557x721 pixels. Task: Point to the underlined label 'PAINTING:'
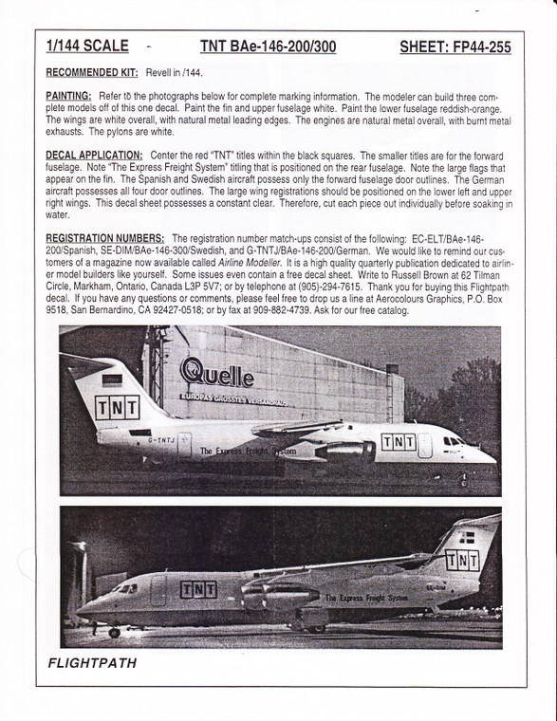tap(67, 97)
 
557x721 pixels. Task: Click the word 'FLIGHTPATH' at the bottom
tap(91, 663)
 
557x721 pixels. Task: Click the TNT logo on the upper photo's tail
tap(116, 409)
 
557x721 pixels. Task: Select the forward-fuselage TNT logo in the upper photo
tap(398, 441)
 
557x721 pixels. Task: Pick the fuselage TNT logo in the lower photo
tap(197, 589)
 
